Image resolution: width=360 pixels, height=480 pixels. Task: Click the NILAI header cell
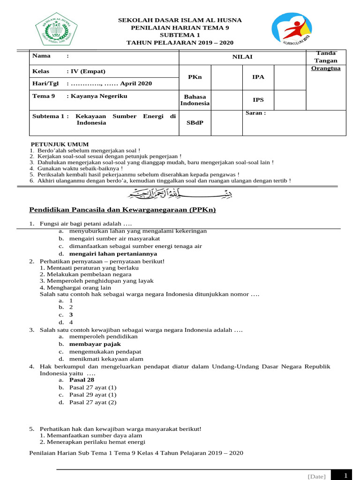[x=242, y=57]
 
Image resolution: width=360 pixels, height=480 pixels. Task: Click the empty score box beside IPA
[x=290, y=77]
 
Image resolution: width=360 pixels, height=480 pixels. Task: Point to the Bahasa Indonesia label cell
[x=195, y=100]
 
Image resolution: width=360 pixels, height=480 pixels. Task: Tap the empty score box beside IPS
[x=290, y=100]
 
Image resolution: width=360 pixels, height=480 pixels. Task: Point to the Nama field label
[x=41, y=56]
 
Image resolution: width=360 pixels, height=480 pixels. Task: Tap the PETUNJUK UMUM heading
[x=60, y=144]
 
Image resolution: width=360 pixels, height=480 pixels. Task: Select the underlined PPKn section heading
[x=122, y=210]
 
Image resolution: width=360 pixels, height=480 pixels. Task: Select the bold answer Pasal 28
[x=82, y=380]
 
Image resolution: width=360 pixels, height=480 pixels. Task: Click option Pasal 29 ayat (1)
[x=93, y=395]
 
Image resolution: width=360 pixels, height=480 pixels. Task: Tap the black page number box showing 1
[x=345, y=475]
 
